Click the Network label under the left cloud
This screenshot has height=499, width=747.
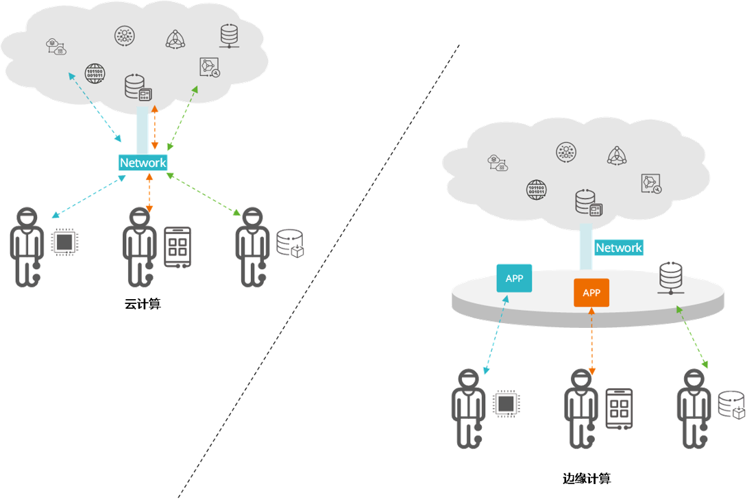click(x=143, y=163)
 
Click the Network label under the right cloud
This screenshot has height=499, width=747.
click(x=618, y=248)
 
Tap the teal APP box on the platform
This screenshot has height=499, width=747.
click(x=514, y=279)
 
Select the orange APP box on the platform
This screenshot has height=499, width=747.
click(x=591, y=292)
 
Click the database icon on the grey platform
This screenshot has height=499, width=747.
click(x=669, y=277)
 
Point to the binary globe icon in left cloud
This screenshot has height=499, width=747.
click(x=95, y=73)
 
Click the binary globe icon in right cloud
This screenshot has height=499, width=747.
click(x=537, y=188)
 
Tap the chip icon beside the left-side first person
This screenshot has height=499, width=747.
click(x=64, y=242)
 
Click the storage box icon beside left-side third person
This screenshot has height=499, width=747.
click(x=289, y=244)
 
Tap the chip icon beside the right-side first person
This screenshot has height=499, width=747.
click(x=506, y=404)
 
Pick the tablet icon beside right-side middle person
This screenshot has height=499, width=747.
click(x=619, y=409)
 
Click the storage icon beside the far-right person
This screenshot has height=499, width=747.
click(x=731, y=405)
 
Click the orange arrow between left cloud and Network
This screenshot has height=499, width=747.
click(x=155, y=128)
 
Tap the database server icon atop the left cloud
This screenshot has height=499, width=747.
click(x=229, y=36)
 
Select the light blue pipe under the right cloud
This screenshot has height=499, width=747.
click(x=587, y=246)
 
